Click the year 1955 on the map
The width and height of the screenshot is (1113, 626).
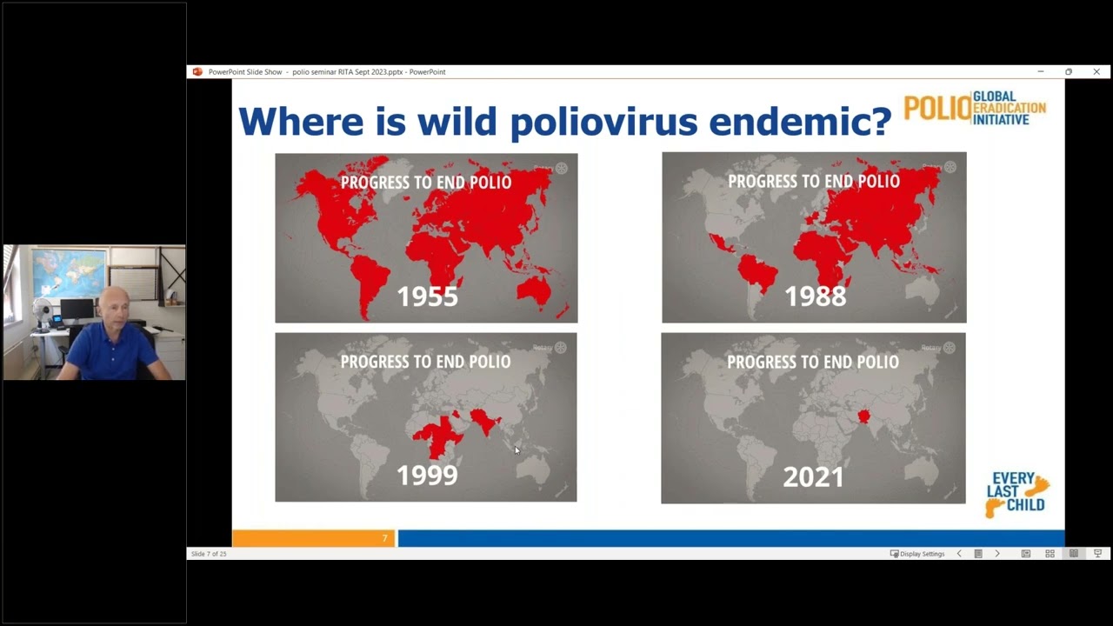coord(427,296)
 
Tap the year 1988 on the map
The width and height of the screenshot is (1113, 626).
coord(815,296)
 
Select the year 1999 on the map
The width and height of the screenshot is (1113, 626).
coord(427,476)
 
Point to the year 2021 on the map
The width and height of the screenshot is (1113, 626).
coord(813,476)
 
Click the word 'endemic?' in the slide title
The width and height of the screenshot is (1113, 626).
coord(800,122)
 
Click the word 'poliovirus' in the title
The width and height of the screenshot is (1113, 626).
coord(603,122)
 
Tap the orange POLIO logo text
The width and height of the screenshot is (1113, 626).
coord(936,109)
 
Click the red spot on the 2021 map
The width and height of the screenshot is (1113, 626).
coord(863,416)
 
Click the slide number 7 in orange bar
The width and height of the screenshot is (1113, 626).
coord(384,539)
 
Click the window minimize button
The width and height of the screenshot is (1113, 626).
coord(1040,72)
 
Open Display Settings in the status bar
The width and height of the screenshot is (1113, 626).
coord(917,554)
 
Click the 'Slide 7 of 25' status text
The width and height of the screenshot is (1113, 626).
coord(209,554)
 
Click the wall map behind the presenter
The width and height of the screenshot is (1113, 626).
coord(69,271)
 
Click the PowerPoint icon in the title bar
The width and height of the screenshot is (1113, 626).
coord(197,72)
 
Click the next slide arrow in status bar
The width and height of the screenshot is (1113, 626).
coord(997,554)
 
